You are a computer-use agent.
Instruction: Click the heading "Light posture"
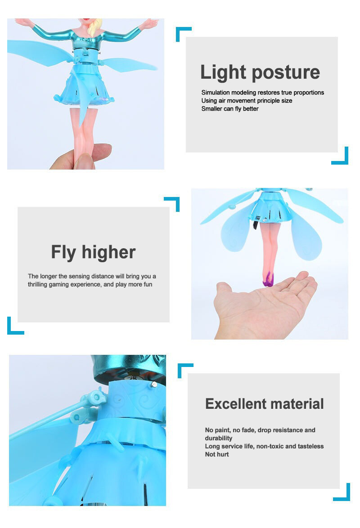pos(260,72)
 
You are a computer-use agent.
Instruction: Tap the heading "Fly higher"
pos(93,252)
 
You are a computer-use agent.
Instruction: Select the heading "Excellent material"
pos(265,404)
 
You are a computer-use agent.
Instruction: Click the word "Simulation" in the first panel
pos(216,92)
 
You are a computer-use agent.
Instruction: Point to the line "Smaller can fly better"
pos(230,108)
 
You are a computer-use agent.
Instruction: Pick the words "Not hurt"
pos(217,454)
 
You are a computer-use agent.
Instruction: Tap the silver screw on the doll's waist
pos(154,384)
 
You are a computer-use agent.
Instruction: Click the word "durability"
pos(218,438)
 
